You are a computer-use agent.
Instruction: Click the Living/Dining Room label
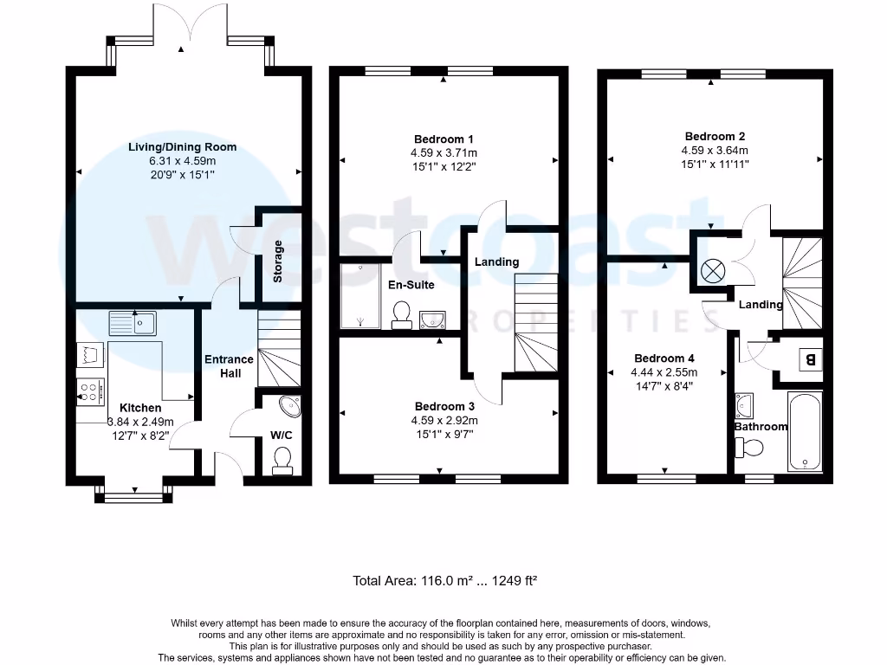coord(182,147)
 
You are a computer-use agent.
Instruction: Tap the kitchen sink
coord(133,323)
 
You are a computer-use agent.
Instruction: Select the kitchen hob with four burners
coord(91,391)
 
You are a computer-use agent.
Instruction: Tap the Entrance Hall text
coord(229,366)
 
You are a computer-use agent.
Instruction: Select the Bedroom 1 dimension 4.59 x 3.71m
coord(443,153)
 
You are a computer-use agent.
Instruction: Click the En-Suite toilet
coord(402,315)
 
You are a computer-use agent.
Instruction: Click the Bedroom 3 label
coord(444,407)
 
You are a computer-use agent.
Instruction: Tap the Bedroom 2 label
coord(715,136)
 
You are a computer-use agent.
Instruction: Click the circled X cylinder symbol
coord(712,270)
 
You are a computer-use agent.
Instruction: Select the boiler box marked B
coord(810,358)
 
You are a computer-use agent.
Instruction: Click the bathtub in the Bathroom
coord(805,430)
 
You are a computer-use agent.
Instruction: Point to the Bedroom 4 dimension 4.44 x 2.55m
coord(664,373)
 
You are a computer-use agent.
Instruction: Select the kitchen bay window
coord(133,495)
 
